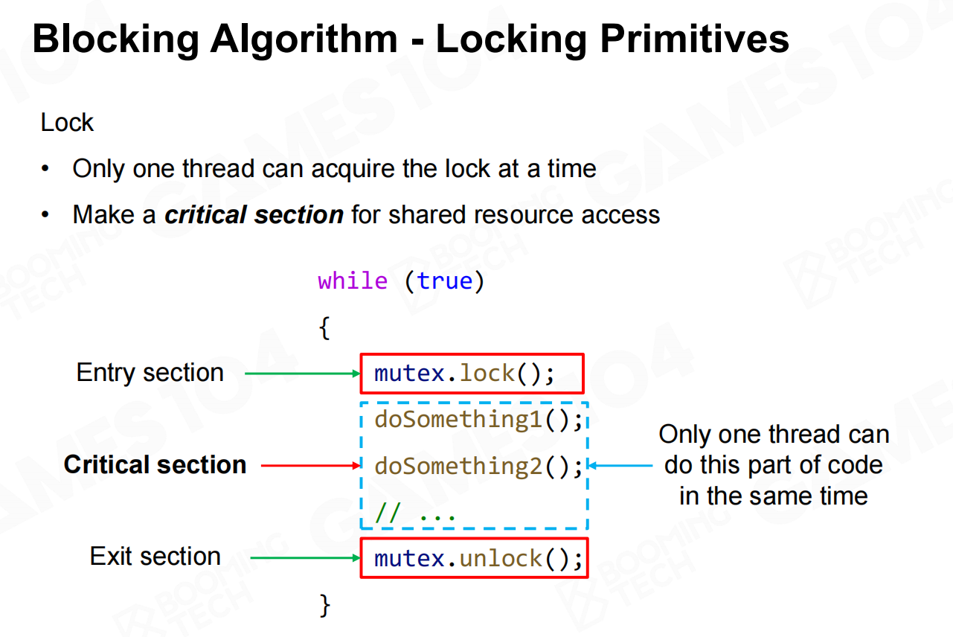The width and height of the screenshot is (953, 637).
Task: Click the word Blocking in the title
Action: (116, 39)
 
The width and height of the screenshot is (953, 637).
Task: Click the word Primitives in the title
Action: (694, 39)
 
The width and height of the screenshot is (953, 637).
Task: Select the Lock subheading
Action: (67, 123)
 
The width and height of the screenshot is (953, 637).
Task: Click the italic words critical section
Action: (254, 214)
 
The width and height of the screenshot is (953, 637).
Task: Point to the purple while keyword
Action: (353, 281)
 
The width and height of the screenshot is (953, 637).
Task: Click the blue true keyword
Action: (445, 281)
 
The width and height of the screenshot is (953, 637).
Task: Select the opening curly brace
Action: (324, 327)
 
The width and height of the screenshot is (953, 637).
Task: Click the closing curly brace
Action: (324, 605)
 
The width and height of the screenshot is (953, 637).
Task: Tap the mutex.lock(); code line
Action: (464, 374)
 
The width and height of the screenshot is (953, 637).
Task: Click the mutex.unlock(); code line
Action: (478, 558)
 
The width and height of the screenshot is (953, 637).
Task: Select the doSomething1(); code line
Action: (478, 420)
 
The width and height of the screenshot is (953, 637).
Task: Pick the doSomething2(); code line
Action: (478, 466)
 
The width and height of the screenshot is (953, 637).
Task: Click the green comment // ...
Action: (388, 512)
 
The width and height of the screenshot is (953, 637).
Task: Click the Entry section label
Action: (150, 373)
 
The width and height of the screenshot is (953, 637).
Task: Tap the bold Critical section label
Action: (155, 464)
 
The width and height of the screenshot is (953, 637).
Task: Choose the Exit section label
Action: (155, 556)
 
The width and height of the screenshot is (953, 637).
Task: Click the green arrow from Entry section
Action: (303, 374)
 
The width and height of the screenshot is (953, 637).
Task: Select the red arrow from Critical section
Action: (311, 466)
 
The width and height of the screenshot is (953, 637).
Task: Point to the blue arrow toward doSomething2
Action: (620, 466)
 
